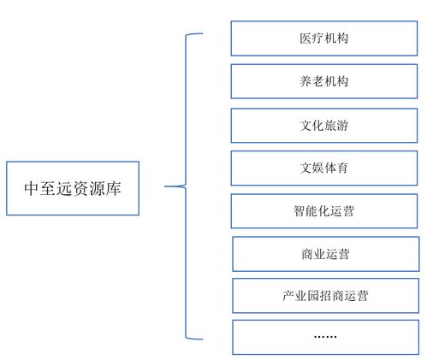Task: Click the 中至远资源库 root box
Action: (x=72, y=186)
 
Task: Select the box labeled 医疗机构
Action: (x=324, y=38)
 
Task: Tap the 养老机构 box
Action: (x=324, y=82)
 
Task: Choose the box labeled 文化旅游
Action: (x=324, y=125)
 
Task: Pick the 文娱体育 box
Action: (x=324, y=168)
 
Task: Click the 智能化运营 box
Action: (x=324, y=211)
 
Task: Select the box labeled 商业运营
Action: (x=324, y=254)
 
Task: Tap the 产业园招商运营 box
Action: (x=324, y=296)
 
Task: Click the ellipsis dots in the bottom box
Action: (x=324, y=337)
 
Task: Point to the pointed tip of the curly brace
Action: (x=166, y=186)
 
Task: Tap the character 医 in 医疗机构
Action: (x=305, y=38)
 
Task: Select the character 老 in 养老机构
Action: (x=318, y=82)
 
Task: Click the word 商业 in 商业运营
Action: (x=312, y=254)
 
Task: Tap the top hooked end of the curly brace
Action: (x=201, y=34)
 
